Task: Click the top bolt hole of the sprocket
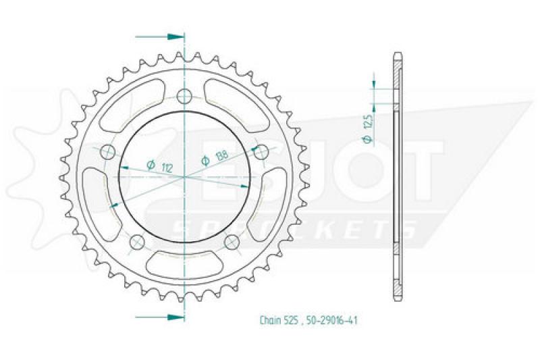[184, 96]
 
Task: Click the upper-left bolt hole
[108, 151]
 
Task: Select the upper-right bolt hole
[261, 151]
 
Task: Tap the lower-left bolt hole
[137, 242]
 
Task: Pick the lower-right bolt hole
[232, 242]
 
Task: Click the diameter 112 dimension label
[159, 166]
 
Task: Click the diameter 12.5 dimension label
[368, 128]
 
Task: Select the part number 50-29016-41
[331, 320]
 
